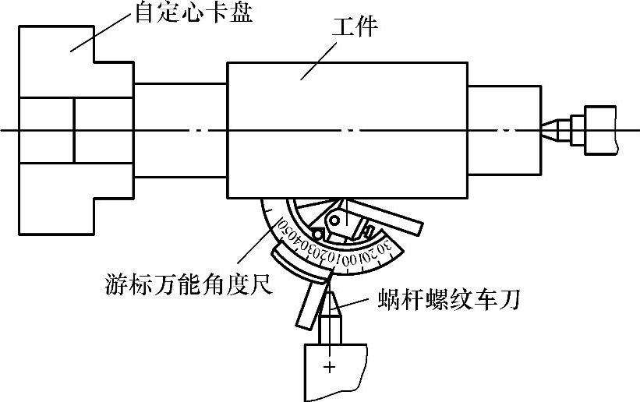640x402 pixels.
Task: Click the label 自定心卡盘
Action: point(195,14)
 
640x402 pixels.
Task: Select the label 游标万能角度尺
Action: point(187,284)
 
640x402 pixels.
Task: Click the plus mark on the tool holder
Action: point(331,365)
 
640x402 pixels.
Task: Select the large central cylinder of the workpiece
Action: point(347,129)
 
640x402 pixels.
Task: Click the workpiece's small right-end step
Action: point(504,129)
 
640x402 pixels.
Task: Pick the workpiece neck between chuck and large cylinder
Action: point(180,129)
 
